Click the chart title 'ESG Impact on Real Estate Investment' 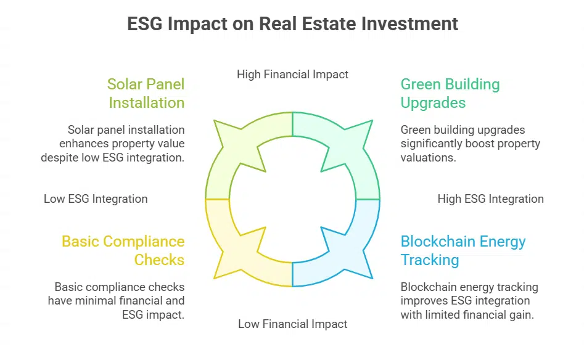(x=292, y=24)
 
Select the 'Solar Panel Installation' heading (x=146, y=93)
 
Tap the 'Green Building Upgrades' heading (x=450, y=93)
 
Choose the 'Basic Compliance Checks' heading (x=123, y=250)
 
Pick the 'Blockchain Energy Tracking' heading (x=463, y=250)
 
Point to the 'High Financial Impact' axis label (x=292, y=75)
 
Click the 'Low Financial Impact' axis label (x=292, y=324)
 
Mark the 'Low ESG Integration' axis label (x=96, y=198)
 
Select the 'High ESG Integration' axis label (x=490, y=198)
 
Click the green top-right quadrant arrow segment (x=345, y=148)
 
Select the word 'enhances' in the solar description (x=83, y=144)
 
